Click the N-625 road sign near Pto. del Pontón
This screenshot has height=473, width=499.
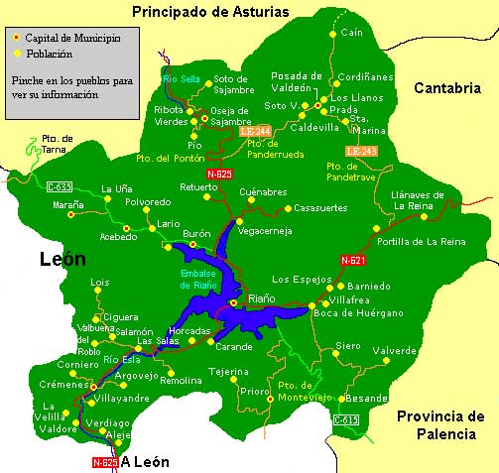220,174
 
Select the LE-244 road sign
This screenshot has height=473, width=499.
253,131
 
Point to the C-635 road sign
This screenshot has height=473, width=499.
60,185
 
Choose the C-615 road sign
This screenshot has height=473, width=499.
345,419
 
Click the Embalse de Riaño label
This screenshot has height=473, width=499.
199,279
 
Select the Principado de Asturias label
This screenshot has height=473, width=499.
210,12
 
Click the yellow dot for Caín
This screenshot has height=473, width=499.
331,33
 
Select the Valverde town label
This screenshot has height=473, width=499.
394,351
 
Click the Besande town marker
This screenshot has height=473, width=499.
341,399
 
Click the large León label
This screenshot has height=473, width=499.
62,260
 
